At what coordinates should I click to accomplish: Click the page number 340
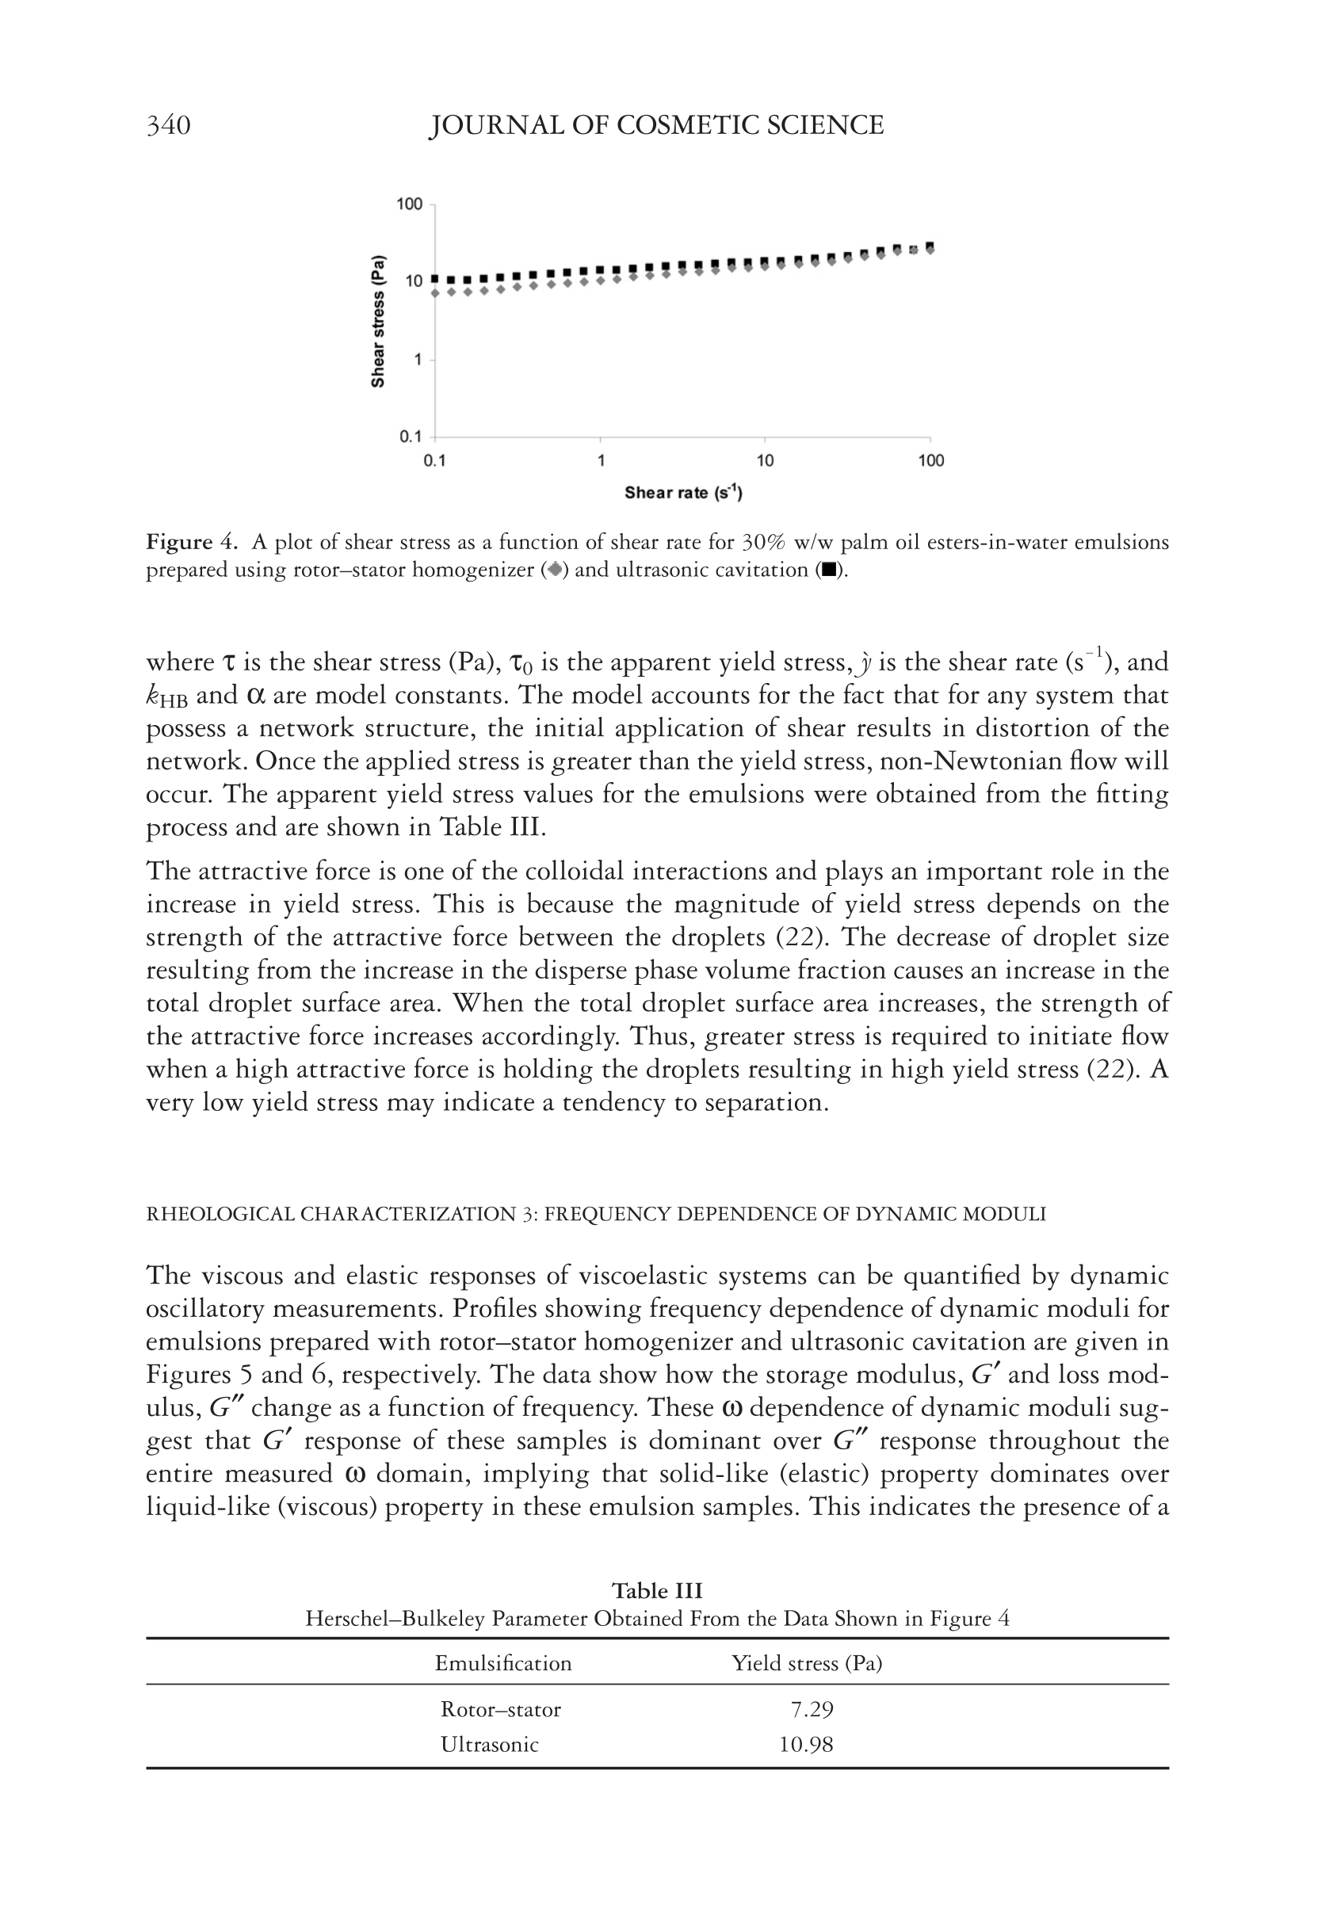[x=168, y=126]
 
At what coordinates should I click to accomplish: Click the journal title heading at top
[x=656, y=126]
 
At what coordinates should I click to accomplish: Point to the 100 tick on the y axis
[x=409, y=204]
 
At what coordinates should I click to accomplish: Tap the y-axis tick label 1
[x=416, y=360]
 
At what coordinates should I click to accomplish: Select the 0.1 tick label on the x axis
[x=434, y=460]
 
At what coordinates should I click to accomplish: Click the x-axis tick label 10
[x=765, y=460]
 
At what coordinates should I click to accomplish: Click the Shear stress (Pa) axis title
[x=379, y=321]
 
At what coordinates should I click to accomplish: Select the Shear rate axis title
[x=682, y=492]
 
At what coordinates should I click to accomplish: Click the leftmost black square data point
[x=435, y=279]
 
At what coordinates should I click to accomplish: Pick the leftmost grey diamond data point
[x=435, y=293]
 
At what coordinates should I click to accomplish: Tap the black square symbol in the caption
[x=828, y=571]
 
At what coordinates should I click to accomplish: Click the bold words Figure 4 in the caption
[x=192, y=543]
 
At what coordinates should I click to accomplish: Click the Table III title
[x=657, y=1591]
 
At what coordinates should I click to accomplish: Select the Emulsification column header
[x=502, y=1664]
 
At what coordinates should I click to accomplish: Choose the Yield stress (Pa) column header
[x=807, y=1664]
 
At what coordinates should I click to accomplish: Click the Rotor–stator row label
[x=501, y=1710]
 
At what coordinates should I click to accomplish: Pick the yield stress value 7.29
[x=812, y=1710]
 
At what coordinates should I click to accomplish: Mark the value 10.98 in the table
[x=806, y=1745]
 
